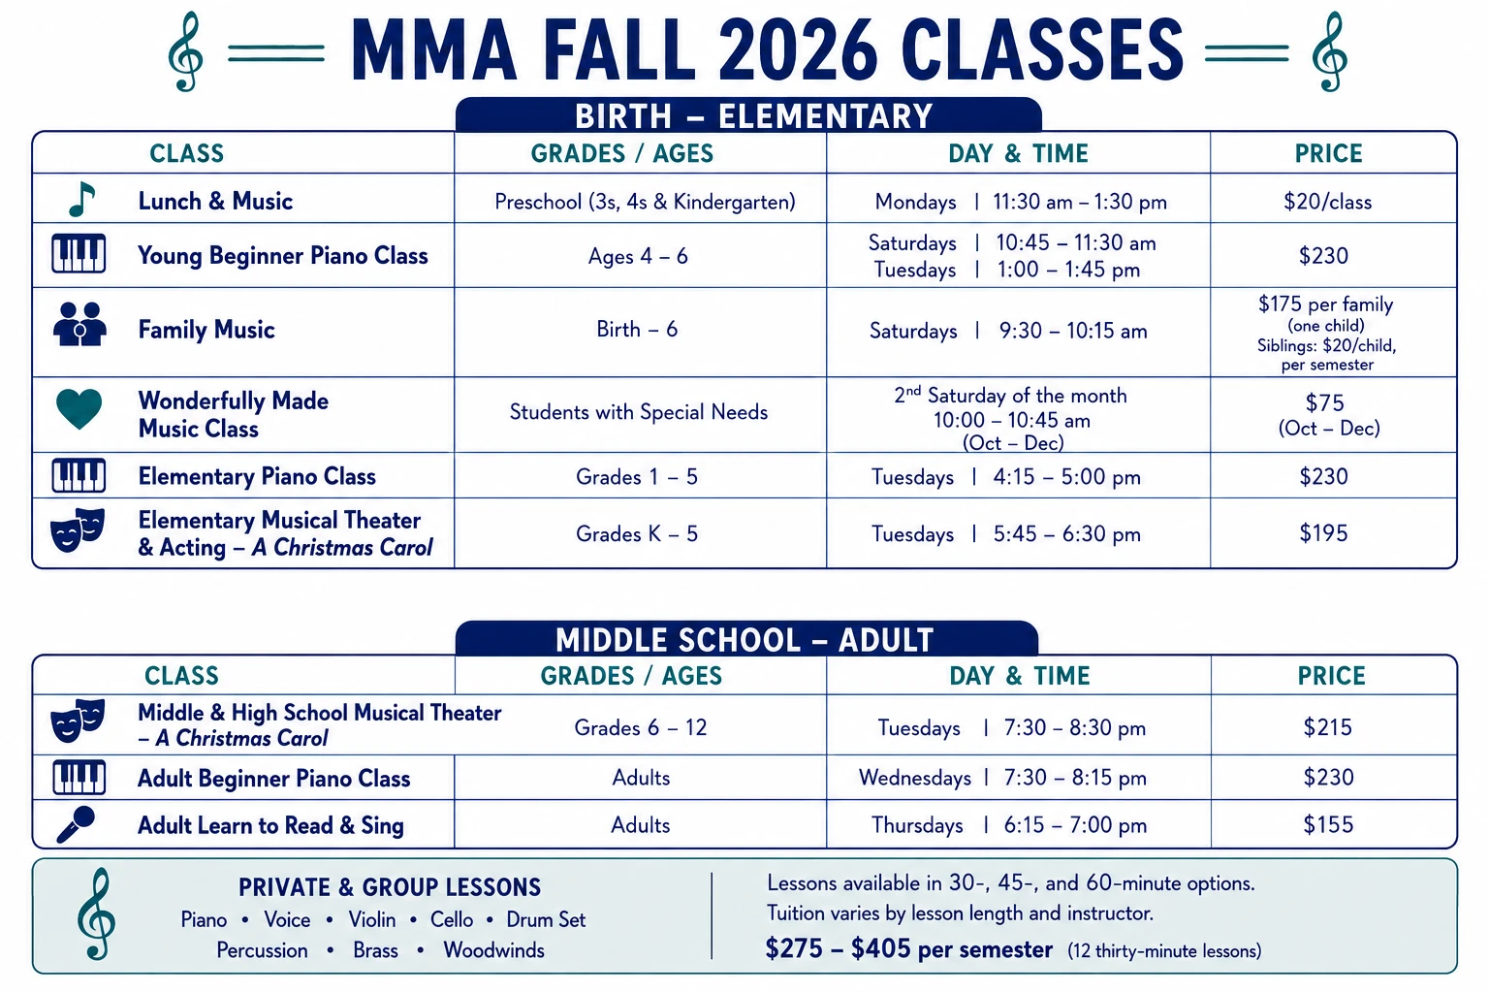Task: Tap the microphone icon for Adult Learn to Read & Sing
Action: click(76, 824)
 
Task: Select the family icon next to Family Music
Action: click(79, 324)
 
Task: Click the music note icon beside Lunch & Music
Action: click(82, 200)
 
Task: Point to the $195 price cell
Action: click(1323, 533)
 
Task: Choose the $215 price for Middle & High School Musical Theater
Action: click(1327, 727)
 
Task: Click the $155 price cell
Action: click(1328, 824)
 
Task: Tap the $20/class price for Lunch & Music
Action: click(1327, 202)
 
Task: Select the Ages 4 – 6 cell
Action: click(638, 256)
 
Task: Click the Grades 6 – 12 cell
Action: click(641, 727)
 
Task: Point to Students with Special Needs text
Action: click(639, 412)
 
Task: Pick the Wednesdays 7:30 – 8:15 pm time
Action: click(1002, 778)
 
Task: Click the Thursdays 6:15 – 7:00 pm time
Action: click(1009, 825)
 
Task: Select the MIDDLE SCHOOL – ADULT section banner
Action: click(746, 638)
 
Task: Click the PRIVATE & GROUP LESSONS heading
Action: click(391, 887)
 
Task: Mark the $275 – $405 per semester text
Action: click(908, 949)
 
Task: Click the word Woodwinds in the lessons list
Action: click(493, 950)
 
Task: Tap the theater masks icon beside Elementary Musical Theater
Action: click(79, 529)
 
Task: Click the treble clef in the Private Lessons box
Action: click(96, 913)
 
